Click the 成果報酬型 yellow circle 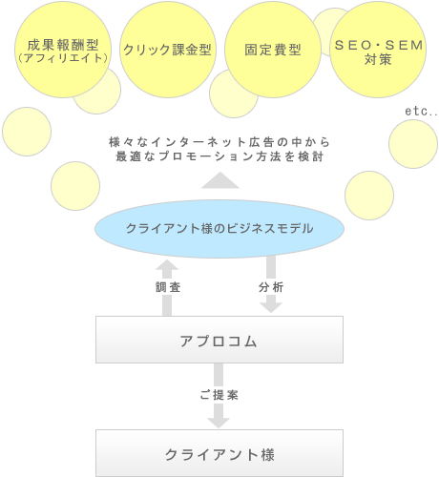63,50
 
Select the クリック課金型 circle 168,50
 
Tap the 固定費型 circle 273,50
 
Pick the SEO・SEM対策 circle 378,50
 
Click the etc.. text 421,112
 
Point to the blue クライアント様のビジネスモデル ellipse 219,229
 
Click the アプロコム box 219,340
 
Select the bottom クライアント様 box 219,453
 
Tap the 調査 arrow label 168,287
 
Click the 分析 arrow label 271,287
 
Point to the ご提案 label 219,395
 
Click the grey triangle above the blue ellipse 220,180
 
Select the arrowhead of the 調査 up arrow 167,265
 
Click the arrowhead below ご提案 219,423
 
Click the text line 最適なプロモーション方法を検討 219,156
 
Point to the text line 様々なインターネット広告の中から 219,142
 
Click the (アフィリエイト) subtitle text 63,58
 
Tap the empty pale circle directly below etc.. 413,144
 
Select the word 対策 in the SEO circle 378,59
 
